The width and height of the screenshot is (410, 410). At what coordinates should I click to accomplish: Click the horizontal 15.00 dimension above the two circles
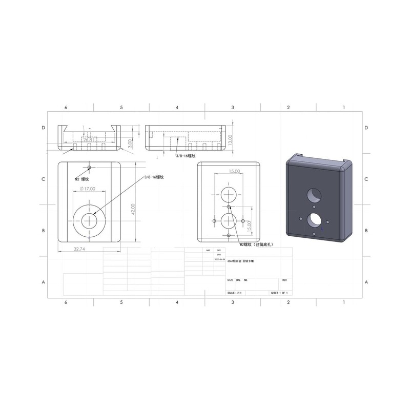coord(234,171)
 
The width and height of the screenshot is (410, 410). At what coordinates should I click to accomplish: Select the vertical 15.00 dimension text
coord(249,224)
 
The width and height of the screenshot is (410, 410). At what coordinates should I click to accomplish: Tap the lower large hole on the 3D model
coord(312,219)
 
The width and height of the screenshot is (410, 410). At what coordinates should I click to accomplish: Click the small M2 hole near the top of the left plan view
coord(90,167)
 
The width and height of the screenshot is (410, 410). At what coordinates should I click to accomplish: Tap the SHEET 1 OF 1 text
coord(279,293)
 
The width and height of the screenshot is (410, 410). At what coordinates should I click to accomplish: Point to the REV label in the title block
coord(284,280)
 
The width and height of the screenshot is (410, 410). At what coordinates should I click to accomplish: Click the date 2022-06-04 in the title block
coord(218,260)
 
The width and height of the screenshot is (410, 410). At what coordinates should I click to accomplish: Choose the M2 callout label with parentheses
coord(255,245)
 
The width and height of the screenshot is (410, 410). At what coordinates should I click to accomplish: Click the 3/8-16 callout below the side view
coord(185,155)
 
